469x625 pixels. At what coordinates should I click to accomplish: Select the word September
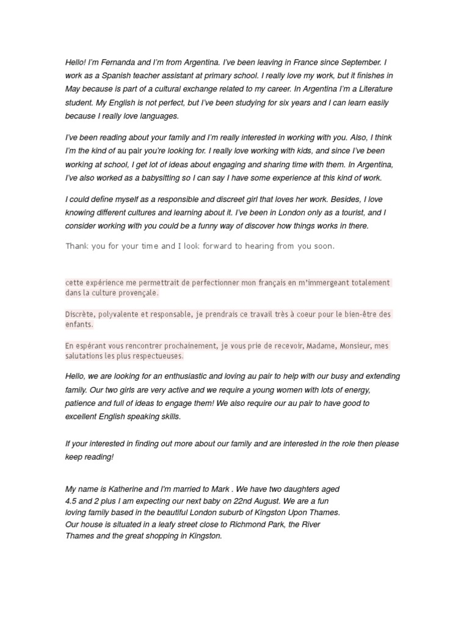click(x=358, y=62)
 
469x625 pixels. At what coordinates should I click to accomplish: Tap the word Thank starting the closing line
click(x=77, y=246)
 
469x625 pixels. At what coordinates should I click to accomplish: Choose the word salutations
click(x=85, y=356)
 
